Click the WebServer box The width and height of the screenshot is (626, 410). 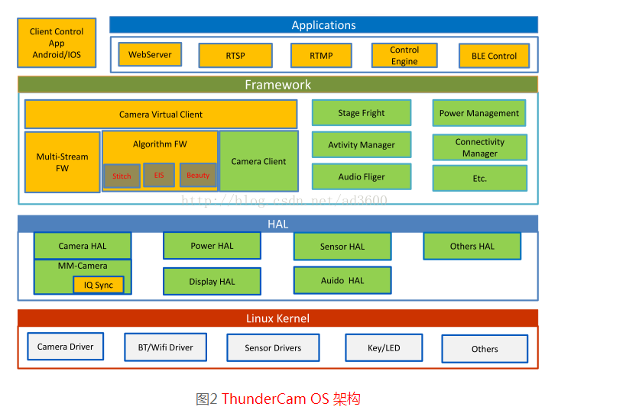pyautogui.click(x=150, y=54)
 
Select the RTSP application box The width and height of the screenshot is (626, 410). pyautogui.click(x=235, y=56)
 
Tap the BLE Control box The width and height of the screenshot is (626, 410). pyautogui.click(x=494, y=56)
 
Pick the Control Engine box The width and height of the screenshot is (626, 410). pyautogui.click(x=404, y=56)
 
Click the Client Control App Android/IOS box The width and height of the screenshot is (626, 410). pyautogui.click(x=57, y=43)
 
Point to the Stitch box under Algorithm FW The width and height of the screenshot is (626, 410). pyautogui.click(x=122, y=176)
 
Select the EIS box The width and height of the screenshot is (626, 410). pyautogui.click(x=159, y=175)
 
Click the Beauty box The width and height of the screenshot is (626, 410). pyautogui.click(x=198, y=175)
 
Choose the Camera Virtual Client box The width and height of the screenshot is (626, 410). pyautogui.click(x=161, y=114)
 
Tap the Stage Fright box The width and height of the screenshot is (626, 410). pyautogui.click(x=362, y=113)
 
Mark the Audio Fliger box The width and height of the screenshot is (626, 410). pyautogui.click(x=362, y=176)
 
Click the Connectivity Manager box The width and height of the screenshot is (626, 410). pyautogui.click(x=480, y=147)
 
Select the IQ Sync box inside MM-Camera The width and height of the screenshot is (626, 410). pyautogui.click(x=98, y=285)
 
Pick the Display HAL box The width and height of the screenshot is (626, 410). pyautogui.click(x=212, y=281)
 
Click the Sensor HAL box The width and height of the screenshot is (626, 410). pyautogui.click(x=342, y=247)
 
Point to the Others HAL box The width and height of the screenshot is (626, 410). pyautogui.click(x=472, y=246)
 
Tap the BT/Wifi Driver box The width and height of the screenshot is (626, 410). pyautogui.click(x=166, y=347)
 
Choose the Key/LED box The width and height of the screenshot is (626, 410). pyautogui.click(x=384, y=348)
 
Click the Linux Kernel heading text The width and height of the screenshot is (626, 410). pyautogui.click(x=278, y=318)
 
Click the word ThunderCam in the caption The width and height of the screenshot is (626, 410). pyautogui.click(x=264, y=399)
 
